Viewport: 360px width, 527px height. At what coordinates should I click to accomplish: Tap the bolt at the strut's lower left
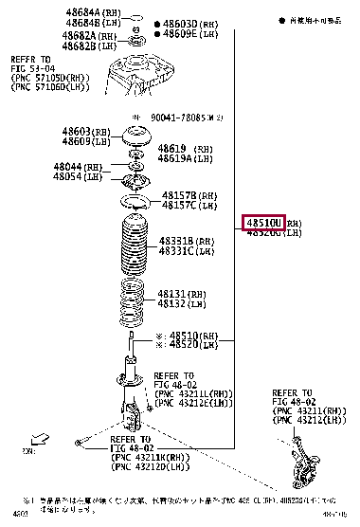(x=79, y=442)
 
